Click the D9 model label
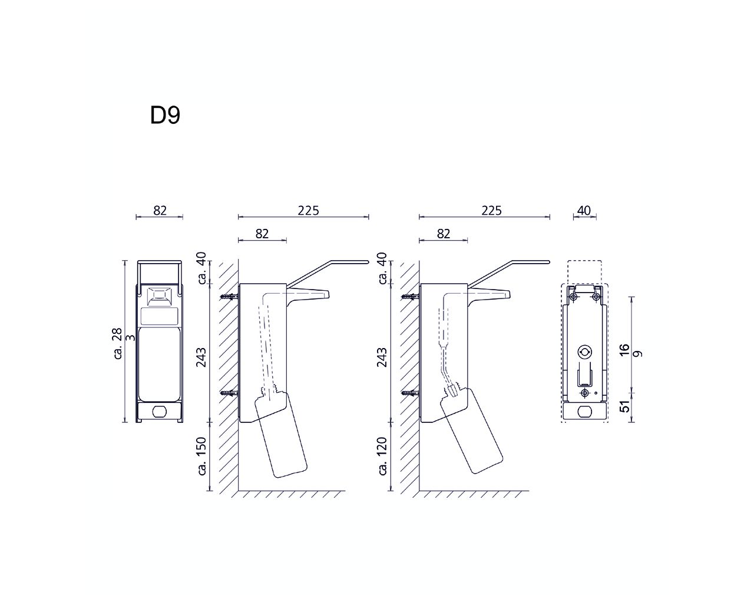[x=165, y=115]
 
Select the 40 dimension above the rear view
[x=584, y=211]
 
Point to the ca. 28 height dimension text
[x=118, y=343]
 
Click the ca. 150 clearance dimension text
[x=202, y=457]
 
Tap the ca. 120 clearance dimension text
[x=383, y=457]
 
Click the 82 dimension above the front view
[x=160, y=211]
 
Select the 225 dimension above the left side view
[x=308, y=211]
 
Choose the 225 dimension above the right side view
[x=491, y=211]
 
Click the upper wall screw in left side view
[x=230, y=297]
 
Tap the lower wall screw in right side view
[x=411, y=393]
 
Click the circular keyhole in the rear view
[x=584, y=352]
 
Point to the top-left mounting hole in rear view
[x=574, y=297]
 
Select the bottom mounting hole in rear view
[x=584, y=393]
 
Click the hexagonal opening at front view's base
[x=160, y=412]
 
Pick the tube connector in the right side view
[x=453, y=390]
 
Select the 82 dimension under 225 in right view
[x=444, y=234]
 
